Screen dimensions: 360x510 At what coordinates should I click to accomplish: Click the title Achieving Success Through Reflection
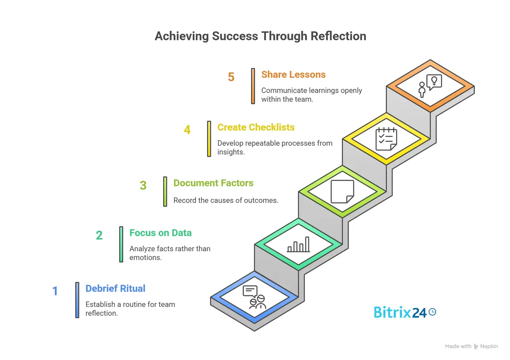260,36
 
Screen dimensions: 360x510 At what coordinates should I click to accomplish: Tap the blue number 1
55,292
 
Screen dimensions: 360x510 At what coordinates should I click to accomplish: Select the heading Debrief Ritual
115,289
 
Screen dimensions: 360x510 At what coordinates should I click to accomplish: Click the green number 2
99,235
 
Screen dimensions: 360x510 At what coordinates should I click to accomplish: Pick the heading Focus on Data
160,233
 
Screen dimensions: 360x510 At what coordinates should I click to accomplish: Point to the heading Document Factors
213,183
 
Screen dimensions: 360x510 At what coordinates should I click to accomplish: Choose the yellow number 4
187,130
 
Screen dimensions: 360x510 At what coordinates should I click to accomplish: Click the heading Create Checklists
256,127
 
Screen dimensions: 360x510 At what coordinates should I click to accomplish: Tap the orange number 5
231,77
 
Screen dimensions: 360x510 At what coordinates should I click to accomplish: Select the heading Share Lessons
293,74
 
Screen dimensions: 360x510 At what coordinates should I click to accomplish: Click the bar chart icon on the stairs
298,245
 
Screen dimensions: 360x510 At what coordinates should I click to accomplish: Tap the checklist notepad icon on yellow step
385,139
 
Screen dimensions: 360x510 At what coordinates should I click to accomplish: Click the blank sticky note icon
342,191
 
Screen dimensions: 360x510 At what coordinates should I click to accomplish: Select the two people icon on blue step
254,297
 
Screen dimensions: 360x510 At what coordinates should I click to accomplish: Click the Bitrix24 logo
399,312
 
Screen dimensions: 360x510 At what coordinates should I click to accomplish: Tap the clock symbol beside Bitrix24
432,312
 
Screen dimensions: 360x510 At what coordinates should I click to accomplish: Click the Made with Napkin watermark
471,346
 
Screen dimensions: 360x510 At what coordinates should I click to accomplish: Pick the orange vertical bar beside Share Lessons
253,86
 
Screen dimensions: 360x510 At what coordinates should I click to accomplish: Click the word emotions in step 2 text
145,258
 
